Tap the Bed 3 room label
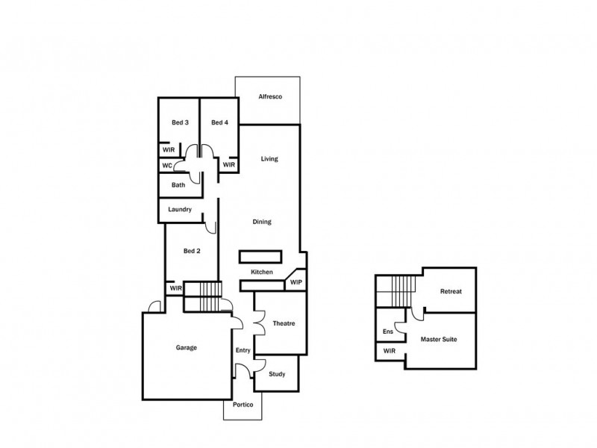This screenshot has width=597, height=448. point(180,122)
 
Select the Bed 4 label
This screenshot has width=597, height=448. point(219,122)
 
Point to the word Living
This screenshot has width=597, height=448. point(269,159)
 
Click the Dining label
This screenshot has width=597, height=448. point(261,222)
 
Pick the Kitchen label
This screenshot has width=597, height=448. point(260,272)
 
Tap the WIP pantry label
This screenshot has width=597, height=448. point(296,282)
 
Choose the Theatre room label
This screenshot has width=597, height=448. point(284,323)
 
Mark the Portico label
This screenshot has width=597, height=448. point(243,404)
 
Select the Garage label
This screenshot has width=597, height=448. point(187,347)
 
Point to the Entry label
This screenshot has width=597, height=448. point(243,350)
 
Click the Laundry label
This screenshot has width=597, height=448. point(181,210)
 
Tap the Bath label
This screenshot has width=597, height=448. point(178,185)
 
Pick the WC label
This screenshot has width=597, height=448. point(167,165)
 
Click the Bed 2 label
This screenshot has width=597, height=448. point(192,251)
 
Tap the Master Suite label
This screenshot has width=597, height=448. point(439,339)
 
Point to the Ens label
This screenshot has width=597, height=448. point(388,331)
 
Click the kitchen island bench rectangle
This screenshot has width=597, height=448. point(260,256)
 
